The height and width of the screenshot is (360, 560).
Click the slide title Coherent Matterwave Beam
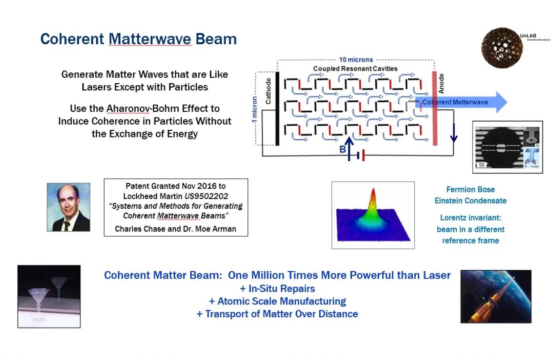point(138,39)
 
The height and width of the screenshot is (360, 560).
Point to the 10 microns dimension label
point(356,60)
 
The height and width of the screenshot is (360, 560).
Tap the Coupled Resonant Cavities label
point(355,68)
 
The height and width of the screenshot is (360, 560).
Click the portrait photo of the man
point(69,207)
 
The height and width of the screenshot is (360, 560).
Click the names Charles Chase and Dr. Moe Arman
point(176,229)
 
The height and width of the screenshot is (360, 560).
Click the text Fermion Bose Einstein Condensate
point(470,195)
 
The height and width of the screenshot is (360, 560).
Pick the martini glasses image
point(49,296)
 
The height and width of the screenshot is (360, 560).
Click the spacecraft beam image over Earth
point(496,296)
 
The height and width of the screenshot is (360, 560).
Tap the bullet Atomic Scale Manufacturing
point(277,301)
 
